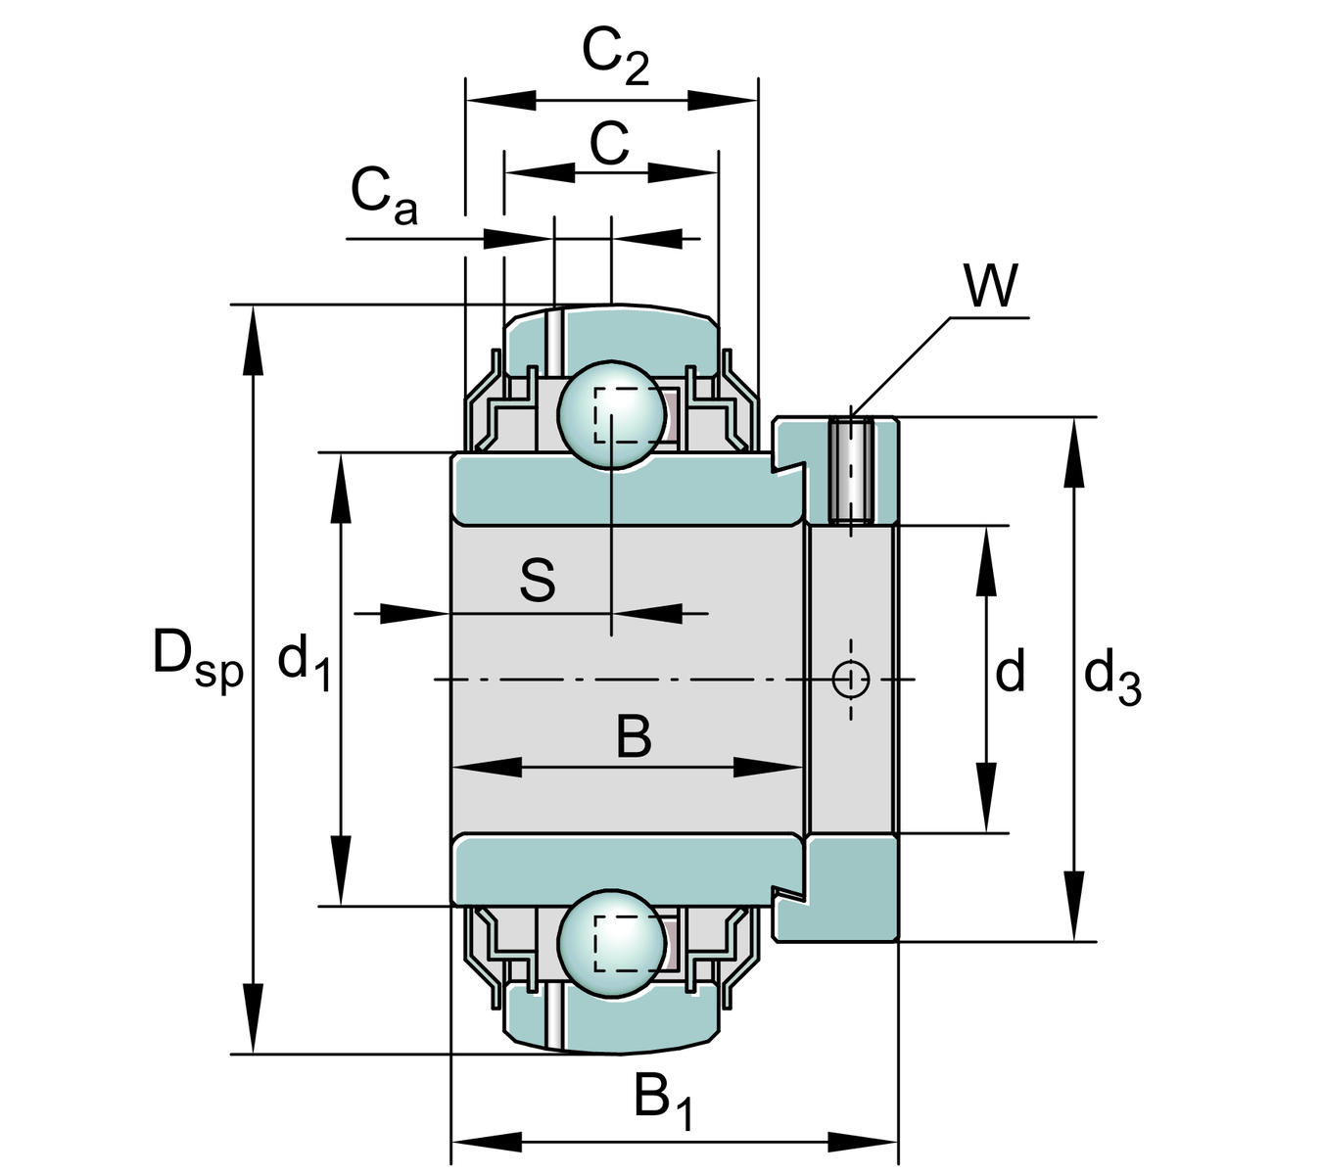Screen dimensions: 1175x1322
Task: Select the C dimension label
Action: tap(609, 145)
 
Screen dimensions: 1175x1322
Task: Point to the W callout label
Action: tap(990, 286)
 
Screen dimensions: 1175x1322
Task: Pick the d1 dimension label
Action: tap(305, 661)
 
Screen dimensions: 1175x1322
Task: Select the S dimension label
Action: tap(538, 580)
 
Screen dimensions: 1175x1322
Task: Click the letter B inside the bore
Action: tap(634, 737)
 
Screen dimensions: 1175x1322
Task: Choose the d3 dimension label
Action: tap(1112, 677)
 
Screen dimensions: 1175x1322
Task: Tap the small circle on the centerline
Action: tap(850, 679)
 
